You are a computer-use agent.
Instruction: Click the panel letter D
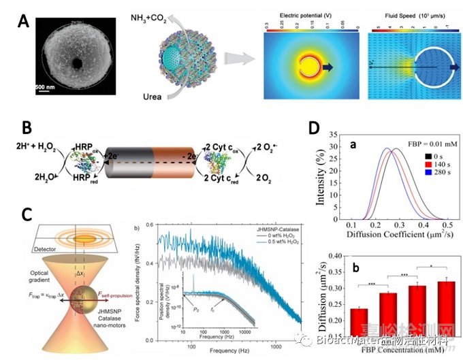pos(314,127)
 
